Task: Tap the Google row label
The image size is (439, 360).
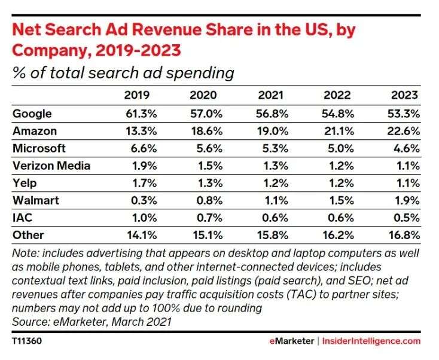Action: (32, 114)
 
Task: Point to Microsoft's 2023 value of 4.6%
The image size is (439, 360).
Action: (406, 148)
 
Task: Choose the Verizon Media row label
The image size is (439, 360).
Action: (51, 166)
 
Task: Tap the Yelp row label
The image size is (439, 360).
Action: (24, 183)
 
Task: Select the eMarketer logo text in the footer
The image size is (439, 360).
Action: (291, 341)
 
